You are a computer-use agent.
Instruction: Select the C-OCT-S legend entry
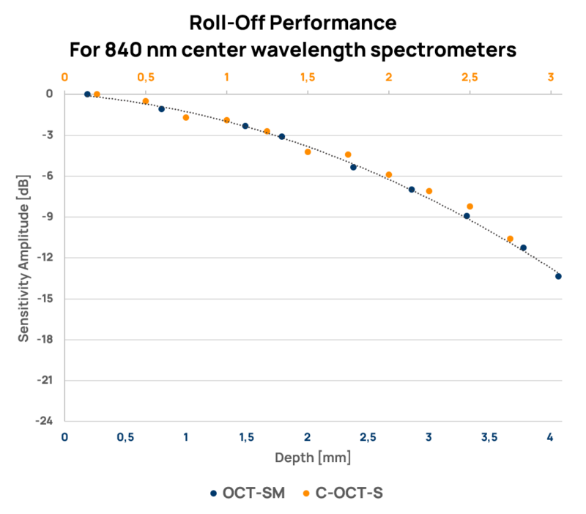347,493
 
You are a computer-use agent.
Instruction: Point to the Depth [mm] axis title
313,458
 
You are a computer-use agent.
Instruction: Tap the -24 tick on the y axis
45,422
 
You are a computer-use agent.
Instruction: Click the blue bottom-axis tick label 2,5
368,437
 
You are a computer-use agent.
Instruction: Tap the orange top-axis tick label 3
551,76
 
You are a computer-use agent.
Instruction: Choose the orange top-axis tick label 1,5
307,76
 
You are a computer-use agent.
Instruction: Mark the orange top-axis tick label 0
64,76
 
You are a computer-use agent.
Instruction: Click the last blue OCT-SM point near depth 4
558,276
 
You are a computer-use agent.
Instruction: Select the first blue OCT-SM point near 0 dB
87,94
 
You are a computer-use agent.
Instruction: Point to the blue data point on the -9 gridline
467,216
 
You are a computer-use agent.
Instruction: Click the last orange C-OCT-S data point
511,239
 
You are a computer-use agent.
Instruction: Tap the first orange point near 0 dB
97,94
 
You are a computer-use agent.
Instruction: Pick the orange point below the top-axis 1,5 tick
308,152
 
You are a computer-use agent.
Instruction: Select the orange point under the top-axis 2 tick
389,175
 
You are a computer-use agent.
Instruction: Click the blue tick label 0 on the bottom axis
64,437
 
